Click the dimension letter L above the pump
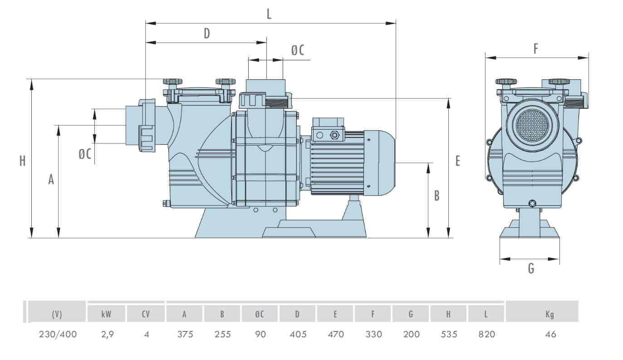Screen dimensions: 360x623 (x=269, y=14)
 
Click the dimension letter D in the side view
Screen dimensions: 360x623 (x=206, y=34)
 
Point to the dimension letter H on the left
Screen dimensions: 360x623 (x=22, y=161)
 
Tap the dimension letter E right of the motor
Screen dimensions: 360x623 (x=458, y=161)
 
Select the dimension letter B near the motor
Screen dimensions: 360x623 (x=437, y=195)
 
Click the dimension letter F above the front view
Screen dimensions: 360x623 (x=535, y=49)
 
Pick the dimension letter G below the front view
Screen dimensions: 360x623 (x=531, y=268)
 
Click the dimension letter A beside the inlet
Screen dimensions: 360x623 (x=51, y=180)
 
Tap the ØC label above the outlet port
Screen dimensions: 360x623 (x=297, y=50)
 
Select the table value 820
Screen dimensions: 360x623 (x=486, y=335)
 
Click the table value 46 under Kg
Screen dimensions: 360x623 (x=550, y=335)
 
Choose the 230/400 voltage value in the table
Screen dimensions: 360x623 (x=57, y=335)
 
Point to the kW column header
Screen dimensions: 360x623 (x=107, y=314)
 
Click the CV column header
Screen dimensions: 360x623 (x=146, y=314)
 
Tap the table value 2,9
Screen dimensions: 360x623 (x=107, y=335)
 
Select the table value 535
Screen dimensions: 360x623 (x=448, y=335)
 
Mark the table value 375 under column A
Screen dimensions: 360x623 (x=185, y=335)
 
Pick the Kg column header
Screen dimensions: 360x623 (x=550, y=314)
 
